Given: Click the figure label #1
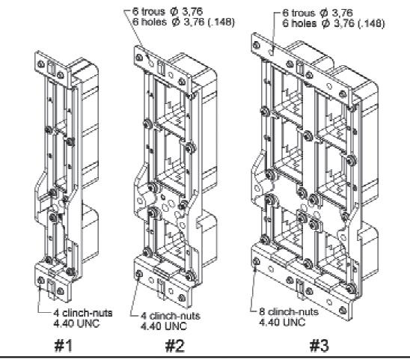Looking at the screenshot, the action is click(x=64, y=345).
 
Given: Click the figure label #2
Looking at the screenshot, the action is click(x=175, y=345).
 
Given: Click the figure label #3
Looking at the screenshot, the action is click(x=319, y=345).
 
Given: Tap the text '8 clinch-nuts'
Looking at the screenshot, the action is click(x=289, y=311).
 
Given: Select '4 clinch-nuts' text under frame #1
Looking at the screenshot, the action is click(x=83, y=313).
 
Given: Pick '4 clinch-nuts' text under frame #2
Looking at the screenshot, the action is click(x=171, y=316).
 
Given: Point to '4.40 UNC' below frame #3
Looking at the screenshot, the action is click(x=282, y=322).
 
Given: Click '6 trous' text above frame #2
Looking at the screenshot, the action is click(x=149, y=11).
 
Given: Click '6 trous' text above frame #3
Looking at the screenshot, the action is click(x=299, y=13).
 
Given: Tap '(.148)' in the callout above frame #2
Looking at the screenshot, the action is click(x=221, y=22).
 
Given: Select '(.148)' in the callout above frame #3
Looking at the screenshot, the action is click(x=371, y=24).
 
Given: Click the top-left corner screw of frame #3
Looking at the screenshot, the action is click(x=257, y=45).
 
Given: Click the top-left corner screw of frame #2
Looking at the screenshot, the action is click(x=139, y=58).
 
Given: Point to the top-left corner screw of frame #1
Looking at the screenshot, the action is click(x=40, y=64).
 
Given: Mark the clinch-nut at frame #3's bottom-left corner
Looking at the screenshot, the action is click(x=257, y=261).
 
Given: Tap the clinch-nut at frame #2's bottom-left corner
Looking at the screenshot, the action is click(x=139, y=274).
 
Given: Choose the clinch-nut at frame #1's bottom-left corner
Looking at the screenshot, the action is click(x=40, y=281).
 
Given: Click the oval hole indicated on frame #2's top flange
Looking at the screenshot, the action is click(x=150, y=62).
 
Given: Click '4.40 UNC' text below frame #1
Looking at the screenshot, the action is click(x=76, y=323).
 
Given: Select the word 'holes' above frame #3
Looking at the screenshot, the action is click(x=303, y=24).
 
